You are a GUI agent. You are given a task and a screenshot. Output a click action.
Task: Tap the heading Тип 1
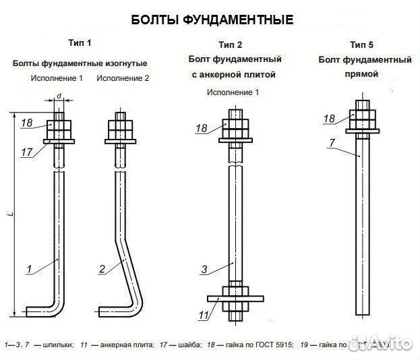(80, 43)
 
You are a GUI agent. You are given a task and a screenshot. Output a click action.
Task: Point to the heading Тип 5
(361, 44)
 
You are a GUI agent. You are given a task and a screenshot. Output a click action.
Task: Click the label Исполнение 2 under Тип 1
(123, 78)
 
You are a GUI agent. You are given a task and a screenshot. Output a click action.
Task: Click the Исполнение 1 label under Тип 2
(233, 92)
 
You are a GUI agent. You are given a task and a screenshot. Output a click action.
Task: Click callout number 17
(26, 152)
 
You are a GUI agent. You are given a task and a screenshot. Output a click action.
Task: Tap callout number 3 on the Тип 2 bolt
(204, 270)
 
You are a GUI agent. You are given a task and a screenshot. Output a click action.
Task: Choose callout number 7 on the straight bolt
(332, 142)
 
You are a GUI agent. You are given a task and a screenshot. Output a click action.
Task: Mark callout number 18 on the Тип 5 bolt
(329, 119)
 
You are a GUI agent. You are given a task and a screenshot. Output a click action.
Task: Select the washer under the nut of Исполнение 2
(122, 141)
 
